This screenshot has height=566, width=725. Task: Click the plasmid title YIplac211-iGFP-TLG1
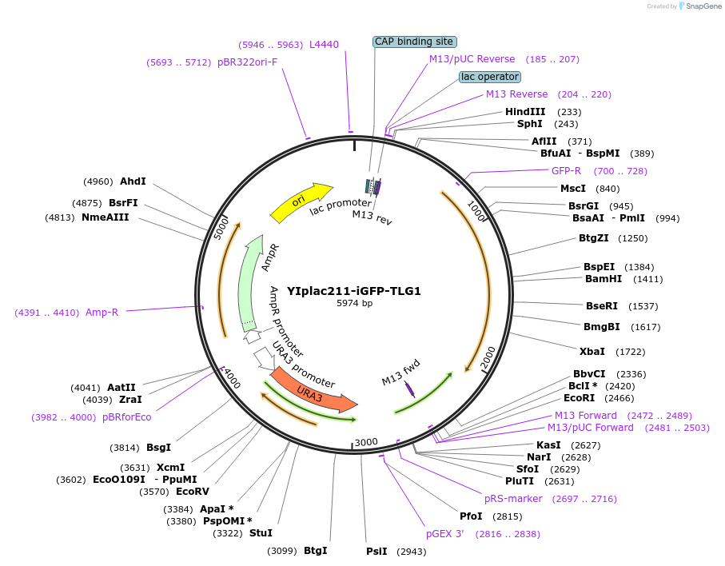[x=353, y=291]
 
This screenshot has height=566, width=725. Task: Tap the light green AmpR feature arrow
[x=255, y=280]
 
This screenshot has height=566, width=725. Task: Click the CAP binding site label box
[x=414, y=42]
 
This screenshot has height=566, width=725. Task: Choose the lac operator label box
[x=490, y=77]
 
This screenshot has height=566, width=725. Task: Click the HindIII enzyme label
[x=525, y=112]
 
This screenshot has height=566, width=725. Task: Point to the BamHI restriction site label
[x=603, y=279]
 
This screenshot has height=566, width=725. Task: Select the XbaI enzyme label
[x=592, y=351]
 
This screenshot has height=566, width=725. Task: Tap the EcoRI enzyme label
[x=580, y=397]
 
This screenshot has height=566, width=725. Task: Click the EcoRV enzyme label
[x=192, y=492]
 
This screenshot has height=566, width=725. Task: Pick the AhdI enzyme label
[x=133, y=181]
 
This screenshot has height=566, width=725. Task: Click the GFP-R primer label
[x=566, y=171]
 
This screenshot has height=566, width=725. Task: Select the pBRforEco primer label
[x=126, y=417]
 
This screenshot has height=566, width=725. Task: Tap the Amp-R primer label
[x=102, y=313]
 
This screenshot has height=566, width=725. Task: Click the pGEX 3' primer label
[x=444, y=534]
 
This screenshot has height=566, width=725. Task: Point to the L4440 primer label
[x=324, y=45]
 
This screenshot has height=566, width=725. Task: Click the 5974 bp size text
[x=354, y=304]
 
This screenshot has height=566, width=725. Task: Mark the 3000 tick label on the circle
[x=365, y=442]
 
